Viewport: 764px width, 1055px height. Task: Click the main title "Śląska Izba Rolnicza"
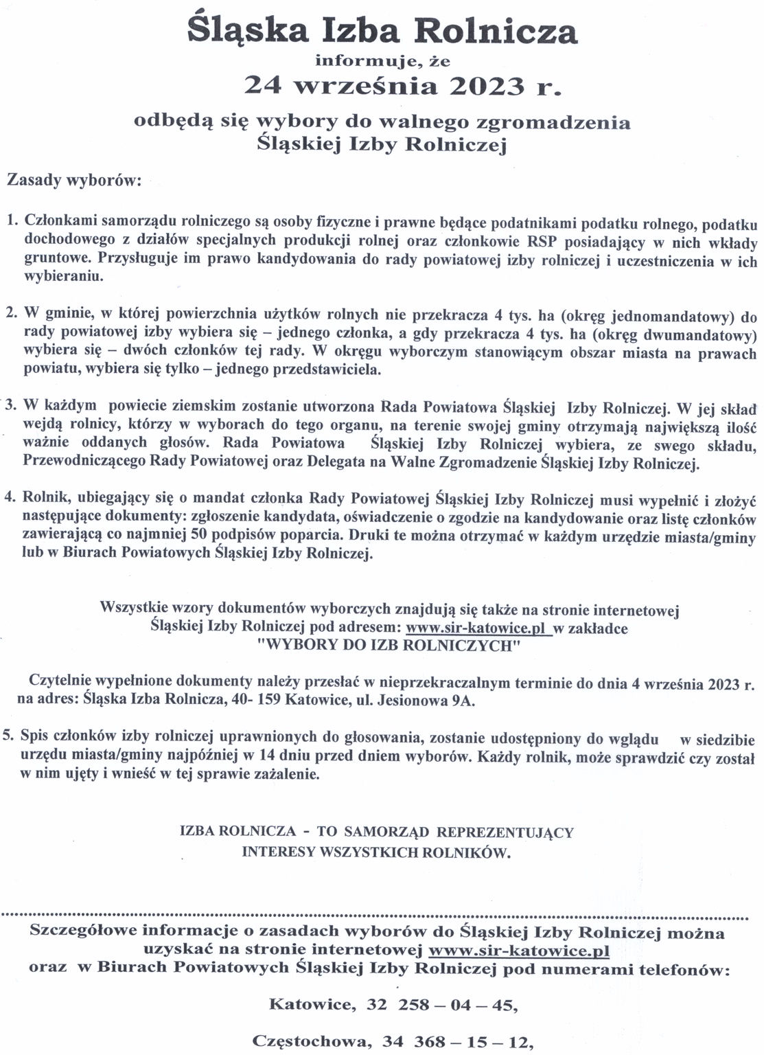tap(383, 31)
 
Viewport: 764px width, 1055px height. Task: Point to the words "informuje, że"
tap(382, 60)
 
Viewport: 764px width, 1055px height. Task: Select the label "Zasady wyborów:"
tap(73, 181)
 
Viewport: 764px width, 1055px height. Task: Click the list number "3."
tap(12, 405)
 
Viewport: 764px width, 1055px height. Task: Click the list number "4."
tap(12, 497)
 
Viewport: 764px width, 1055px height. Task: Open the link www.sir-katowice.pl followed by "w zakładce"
tap(478, 628)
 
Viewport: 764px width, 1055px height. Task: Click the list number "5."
tap(9, 736)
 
